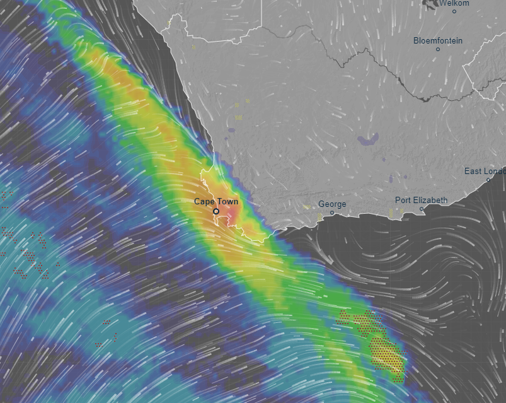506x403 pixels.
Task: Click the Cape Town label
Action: (216, 201)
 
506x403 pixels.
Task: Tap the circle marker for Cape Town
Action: (216, 211)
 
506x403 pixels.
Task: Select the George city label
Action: (332, 204)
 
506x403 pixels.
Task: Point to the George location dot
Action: (332, 213)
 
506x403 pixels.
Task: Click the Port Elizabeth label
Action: (421, 201)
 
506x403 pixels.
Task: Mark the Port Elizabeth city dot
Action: (422, 209)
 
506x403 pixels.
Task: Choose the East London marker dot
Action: (488, 180)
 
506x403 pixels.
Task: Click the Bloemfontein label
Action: (437, 41)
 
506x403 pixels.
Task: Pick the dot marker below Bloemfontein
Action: (437, 49)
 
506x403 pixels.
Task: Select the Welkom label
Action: (454, 3)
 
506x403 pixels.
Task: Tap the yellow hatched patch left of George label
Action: (319, 216)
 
